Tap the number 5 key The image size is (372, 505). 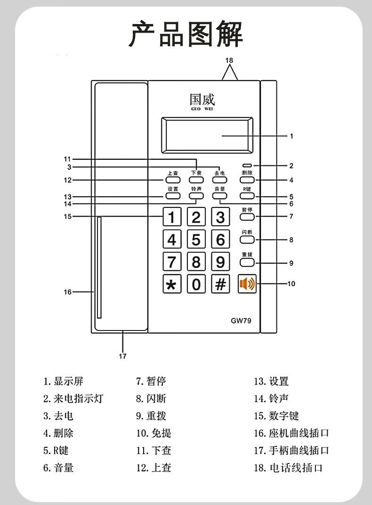[196, 240]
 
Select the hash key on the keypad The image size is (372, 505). [220, 284]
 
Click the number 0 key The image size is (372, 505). [196, 284]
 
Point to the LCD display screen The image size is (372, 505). [207, 136]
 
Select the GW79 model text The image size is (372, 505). [241, 321]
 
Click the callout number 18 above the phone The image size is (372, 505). [229, 60]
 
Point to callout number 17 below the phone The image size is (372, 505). [122, 356]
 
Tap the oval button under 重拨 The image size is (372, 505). [247, 263]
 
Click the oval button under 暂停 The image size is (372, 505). [247, 217]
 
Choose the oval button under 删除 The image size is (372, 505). [247, 180]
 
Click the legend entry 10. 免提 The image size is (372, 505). [154, 433]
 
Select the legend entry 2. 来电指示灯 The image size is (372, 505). [73, 399]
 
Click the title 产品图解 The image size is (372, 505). [186, 34]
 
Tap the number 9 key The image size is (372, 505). [220, 262]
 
